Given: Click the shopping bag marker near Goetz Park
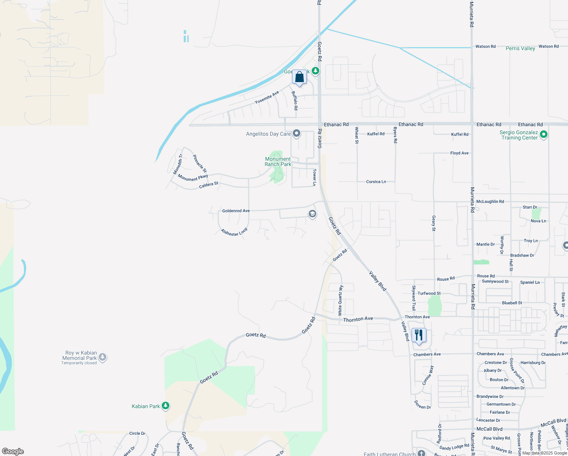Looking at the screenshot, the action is (299, 77).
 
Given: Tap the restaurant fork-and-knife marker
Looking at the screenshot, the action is (419, 336).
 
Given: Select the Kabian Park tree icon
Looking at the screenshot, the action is (166, 406).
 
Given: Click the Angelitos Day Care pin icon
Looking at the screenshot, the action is (297, 133).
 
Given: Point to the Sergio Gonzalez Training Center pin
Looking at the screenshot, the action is (544, 134).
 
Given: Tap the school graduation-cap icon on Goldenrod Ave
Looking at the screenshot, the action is (312, 214).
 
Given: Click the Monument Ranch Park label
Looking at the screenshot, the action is (278, 162).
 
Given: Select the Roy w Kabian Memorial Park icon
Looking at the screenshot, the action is (103, 357).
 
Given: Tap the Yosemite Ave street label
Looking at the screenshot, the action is (267, 97).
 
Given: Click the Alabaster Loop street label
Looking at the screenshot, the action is (234, 232).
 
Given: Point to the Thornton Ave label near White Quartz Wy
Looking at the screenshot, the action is (358, 319).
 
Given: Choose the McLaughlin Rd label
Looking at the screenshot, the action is (490, 201).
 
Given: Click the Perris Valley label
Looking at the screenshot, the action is (520, 48).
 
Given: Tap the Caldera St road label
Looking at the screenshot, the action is (208, 185).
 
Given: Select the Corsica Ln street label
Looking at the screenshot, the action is (376, 182).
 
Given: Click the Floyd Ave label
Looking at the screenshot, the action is (459, 153).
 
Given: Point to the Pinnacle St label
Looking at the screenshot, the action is (199, 163).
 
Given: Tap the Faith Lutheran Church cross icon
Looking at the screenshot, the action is (421, 453).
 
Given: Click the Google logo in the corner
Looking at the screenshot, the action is (13, 451).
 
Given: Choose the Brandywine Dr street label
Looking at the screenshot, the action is (490, 396).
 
